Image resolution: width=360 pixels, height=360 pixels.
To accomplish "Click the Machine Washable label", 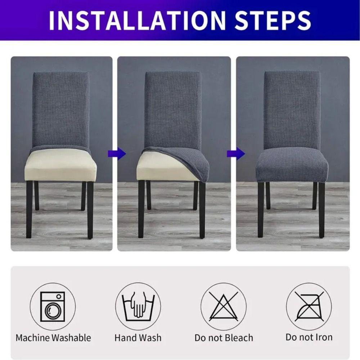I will click(x=53, y=338).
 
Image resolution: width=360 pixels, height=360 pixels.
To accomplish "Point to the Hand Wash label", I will click(x=138, y=338).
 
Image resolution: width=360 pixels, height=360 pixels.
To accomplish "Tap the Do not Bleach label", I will click(x=224, y=338).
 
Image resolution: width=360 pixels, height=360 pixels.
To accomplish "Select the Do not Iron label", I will click(x=309, y=337).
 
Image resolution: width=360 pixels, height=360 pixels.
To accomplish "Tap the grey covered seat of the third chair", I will click(x=292, y=166).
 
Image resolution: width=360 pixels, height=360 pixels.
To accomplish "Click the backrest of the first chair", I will click(x=61, y=108).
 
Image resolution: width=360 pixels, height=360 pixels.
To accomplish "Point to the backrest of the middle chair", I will click(x=173, y=108).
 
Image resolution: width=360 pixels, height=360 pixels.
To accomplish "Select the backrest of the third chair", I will click(x=292, y=108).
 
